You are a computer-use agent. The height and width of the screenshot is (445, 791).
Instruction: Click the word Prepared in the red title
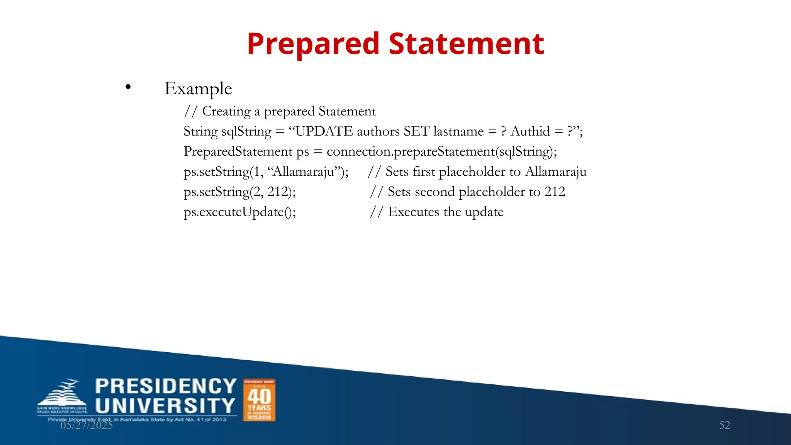(313, 44)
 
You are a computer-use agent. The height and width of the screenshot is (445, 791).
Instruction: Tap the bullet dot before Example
(128, 87)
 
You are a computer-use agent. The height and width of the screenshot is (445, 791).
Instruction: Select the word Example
(198, 89)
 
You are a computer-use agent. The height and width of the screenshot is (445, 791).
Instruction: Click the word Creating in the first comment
(226, 111)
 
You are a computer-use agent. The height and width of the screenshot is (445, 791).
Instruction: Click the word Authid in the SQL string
(530, 131)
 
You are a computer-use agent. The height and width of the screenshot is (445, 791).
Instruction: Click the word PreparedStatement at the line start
(238, 151)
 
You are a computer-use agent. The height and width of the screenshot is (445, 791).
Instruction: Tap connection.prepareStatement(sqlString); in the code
(441, 151)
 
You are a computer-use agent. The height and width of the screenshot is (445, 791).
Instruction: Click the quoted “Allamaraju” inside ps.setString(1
(304, 172)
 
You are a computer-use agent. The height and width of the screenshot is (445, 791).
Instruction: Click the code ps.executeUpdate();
(240, 212)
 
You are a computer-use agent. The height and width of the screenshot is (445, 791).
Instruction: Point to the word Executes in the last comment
(413, 212)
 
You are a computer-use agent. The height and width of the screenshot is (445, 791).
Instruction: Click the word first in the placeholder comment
(424, 172)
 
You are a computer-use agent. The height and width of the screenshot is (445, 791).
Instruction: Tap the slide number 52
(725, 425)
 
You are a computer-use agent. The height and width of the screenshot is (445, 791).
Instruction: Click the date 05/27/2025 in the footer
(87, 425)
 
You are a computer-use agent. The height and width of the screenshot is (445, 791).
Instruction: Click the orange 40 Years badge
(259, 400)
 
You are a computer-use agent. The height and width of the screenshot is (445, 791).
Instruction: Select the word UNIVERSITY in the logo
(165, 406)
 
